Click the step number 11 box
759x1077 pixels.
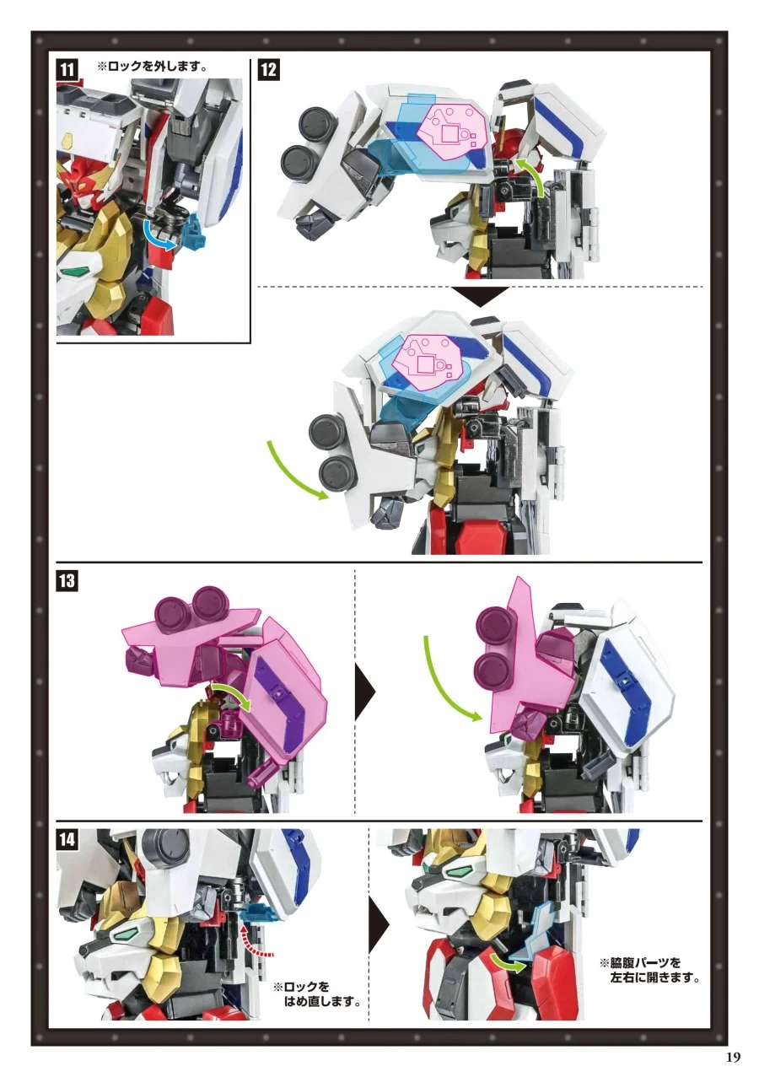[67, 70]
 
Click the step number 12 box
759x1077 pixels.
[270, 70]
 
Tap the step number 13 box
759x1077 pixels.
[67, 581]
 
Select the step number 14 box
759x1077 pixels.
[67, 839]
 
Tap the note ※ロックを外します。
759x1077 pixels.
[153, 66]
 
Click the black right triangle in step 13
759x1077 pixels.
[364, 692]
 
